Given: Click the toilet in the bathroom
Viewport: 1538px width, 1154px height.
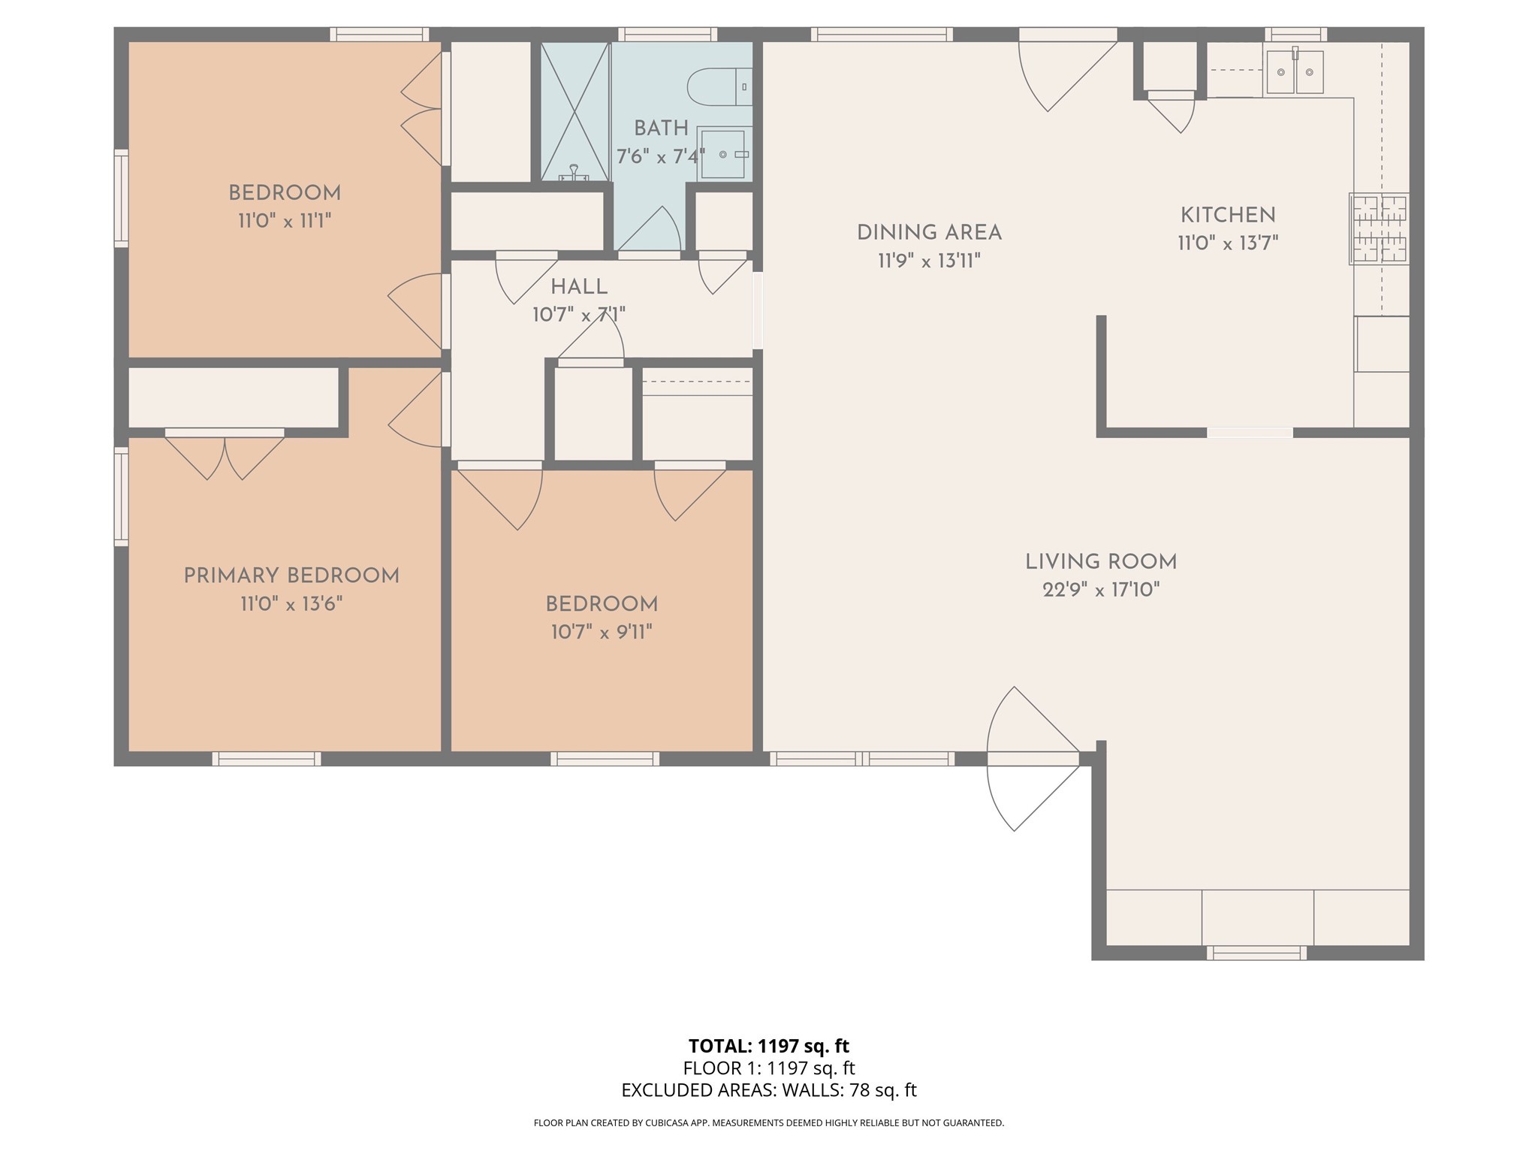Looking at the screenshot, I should click(x=717, y=86).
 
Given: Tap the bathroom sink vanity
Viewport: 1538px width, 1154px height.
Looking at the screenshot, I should click(x=724, y=154).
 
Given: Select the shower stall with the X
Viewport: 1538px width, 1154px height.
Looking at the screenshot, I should click(x=574, y=111).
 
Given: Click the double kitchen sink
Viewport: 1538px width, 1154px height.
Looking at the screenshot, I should click(x=1295, y=73).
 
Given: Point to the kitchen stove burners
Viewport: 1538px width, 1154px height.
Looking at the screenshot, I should click(x=1379, y=228).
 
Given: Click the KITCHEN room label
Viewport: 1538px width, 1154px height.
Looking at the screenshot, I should click(x=1228, y=216).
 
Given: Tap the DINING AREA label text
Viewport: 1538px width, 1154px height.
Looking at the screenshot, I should click(x=929, y=233).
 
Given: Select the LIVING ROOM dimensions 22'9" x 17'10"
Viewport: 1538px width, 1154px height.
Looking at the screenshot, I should click(x=1101, y=590).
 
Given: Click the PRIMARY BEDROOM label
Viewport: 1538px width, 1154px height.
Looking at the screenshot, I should click(x=291, y=576).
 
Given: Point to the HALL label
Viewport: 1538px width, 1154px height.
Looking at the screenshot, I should click(x=579, y=287).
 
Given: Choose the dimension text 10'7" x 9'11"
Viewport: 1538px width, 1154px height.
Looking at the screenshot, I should click(x=602, y=633).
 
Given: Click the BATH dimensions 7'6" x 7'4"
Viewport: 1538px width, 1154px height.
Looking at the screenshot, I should click(x=660, y=157).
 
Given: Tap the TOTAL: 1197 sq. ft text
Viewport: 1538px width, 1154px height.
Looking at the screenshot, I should click(x=768, y=1046).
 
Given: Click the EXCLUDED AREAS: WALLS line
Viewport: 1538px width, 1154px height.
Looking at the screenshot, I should click(x=768, y=1090).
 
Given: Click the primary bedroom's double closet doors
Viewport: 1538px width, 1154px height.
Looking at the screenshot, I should click(x=225, y=455).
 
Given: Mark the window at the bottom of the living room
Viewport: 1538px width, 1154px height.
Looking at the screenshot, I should click(x=1256, y=953).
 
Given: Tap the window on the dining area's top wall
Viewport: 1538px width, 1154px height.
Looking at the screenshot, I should click(x=881, y=35).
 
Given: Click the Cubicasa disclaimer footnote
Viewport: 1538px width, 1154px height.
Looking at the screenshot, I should click(x=768, y=1123).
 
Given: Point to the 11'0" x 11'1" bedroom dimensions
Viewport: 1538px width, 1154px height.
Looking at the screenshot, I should click(x=285, y=221).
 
